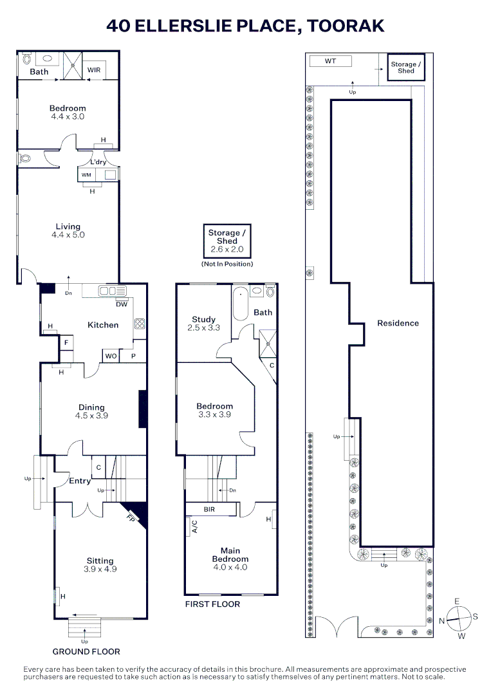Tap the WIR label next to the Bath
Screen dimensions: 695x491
(95, 70)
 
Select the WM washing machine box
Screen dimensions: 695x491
(86, 174)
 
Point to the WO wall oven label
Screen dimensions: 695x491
(111, 356)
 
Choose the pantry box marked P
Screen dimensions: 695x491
(134, 356)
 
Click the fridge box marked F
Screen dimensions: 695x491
(66, 344)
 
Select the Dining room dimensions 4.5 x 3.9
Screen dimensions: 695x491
(91, 416)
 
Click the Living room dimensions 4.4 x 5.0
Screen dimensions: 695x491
(68, 235)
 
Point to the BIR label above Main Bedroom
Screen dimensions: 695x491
(209, 510)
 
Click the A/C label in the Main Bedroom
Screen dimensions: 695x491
(194, 526)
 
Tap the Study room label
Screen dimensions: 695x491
(204, 319)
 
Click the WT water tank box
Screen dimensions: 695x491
(330, 61)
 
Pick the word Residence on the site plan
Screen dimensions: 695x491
(398, 323)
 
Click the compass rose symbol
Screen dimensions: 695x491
(458, 618)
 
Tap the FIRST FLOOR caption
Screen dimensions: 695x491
(212, 604)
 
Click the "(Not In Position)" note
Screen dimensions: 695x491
(227, 264)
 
